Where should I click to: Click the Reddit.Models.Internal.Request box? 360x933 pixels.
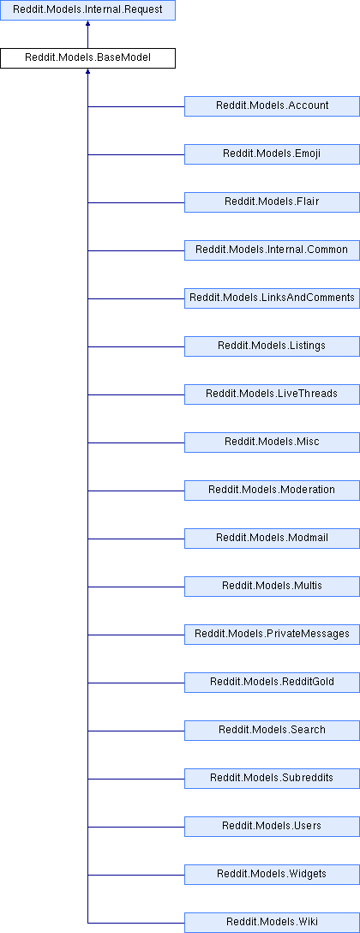87,10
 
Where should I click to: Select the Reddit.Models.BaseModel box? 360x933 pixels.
87,58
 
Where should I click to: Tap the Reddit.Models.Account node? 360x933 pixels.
272,106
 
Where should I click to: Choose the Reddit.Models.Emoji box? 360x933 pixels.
272,154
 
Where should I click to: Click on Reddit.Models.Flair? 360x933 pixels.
272,202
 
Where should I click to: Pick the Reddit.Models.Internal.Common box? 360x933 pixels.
272,250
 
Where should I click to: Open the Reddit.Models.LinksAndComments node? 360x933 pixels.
272,298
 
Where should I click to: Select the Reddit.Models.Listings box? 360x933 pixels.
272,346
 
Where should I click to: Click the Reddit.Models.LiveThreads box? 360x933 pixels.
272,394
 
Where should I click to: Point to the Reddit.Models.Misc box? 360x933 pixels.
272,442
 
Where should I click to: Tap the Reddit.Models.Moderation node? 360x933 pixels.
272,490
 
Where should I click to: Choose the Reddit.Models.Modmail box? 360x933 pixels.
272,538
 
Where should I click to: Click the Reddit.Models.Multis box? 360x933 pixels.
272,586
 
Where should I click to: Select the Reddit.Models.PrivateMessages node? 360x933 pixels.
272,634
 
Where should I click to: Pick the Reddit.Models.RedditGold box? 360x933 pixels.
272,682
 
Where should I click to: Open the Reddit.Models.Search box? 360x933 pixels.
272,730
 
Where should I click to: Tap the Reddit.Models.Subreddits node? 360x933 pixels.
272,778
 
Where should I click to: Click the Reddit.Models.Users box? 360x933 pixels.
272,826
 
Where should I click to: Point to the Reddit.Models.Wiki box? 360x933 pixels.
272,922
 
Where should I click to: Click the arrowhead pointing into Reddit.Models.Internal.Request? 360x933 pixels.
87,22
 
